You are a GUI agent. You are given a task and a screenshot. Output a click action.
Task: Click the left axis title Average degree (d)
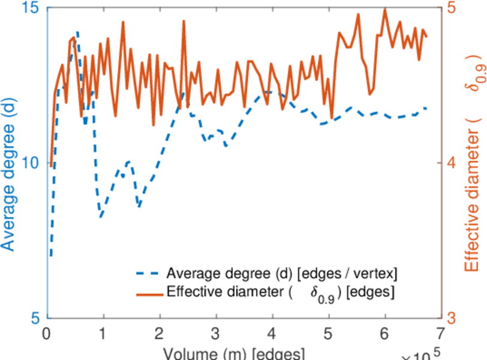(8, 163)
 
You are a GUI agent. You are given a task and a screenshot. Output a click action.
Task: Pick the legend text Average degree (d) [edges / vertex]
(282, 274)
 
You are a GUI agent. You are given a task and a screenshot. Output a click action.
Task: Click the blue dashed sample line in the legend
(148, 274)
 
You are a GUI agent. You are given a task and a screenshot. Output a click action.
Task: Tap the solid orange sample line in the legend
(148, 294)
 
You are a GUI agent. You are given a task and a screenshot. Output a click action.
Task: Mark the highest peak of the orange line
(384, 10)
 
